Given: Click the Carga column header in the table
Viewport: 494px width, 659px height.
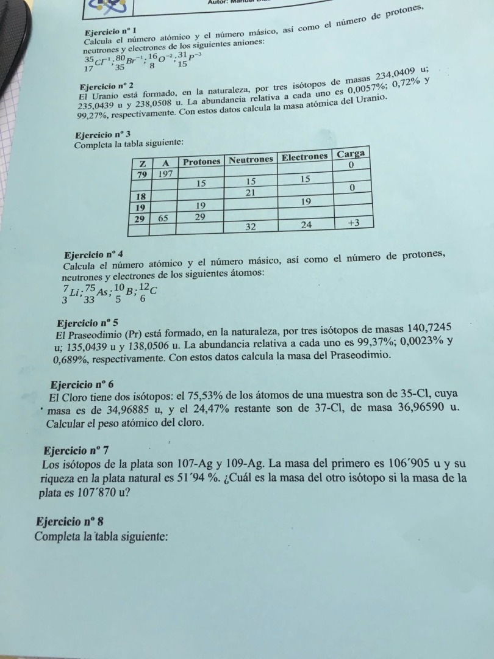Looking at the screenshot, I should tap(351, 154).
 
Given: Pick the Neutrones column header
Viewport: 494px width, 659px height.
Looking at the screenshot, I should tap(251, 159).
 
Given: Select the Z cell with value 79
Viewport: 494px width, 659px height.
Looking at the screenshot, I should tap(141, 174).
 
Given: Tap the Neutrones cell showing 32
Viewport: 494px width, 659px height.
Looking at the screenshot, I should tap(250, 226).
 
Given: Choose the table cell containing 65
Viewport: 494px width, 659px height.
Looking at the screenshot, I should tap(163, 217).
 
